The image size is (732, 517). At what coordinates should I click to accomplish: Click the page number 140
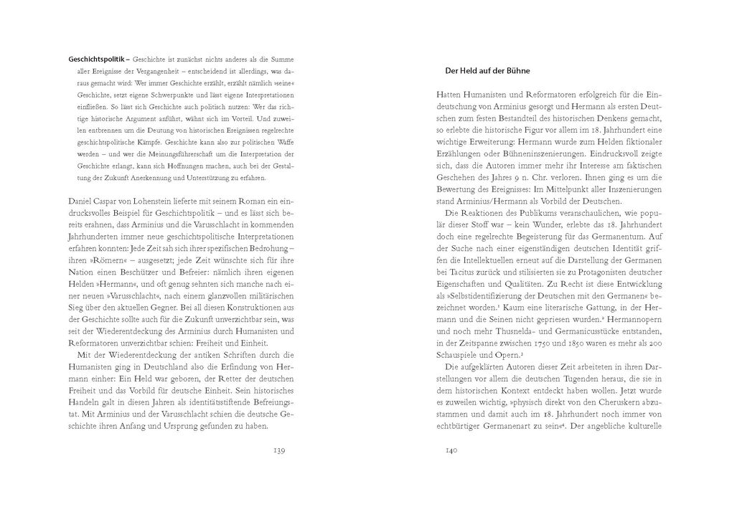[x=451, y=450]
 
